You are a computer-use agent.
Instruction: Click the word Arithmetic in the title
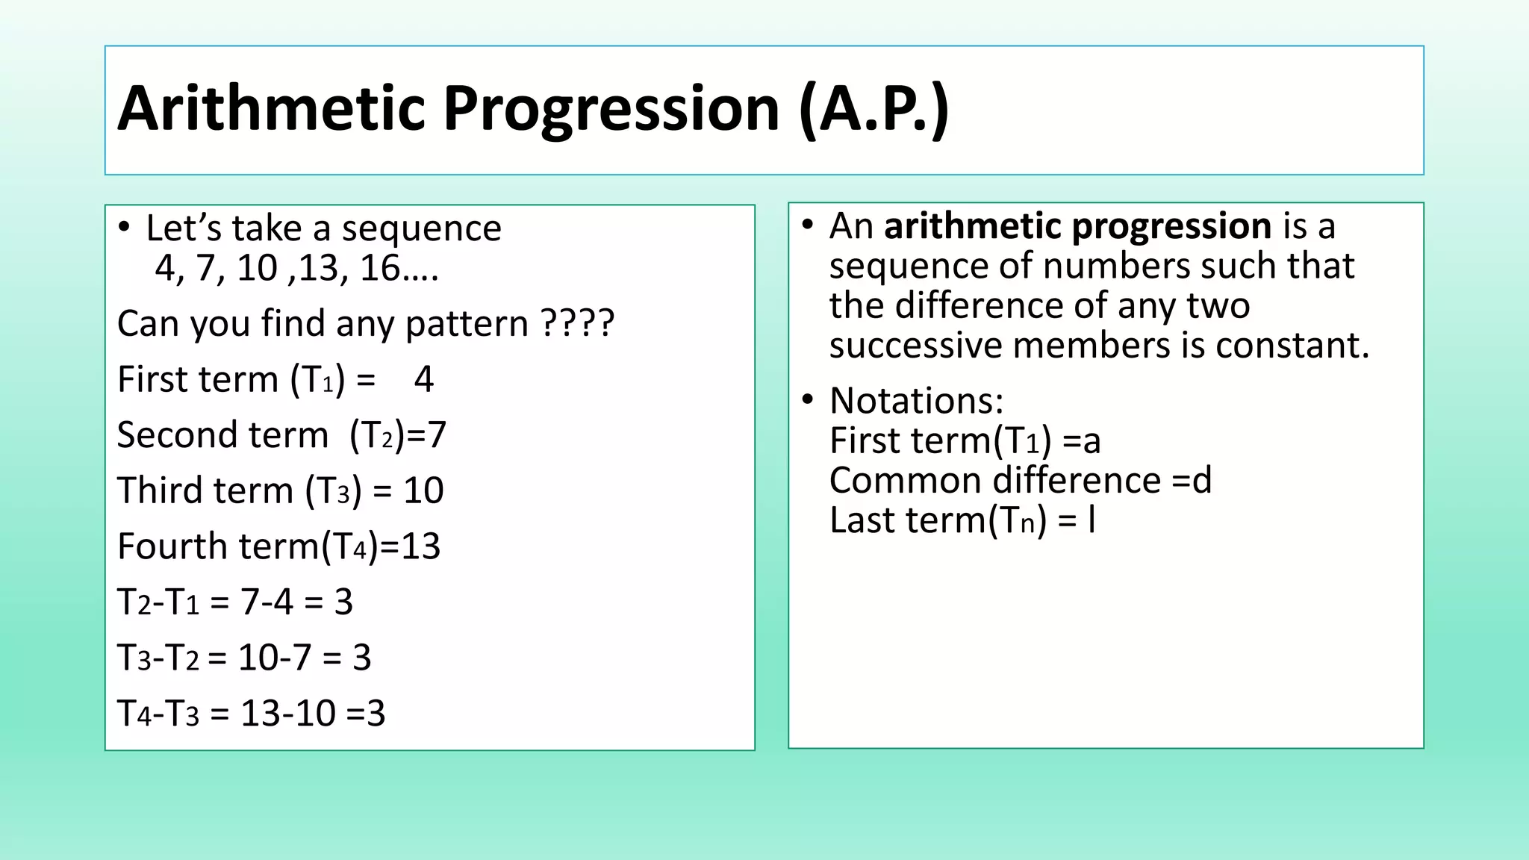point(272,109)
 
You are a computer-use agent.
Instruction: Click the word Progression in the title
point(611,109)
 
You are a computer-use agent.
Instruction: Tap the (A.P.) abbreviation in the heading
point(874,109)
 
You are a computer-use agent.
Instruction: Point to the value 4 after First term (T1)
point(423,379)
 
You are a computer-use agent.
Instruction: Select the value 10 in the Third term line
point(423,490)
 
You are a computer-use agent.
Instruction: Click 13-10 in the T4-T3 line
point(288,713)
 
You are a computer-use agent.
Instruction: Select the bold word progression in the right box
point(1171,225)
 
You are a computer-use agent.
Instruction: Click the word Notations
point(916,401)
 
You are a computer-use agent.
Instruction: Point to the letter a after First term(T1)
point(1092,441)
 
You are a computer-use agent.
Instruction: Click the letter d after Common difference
point(1202,480)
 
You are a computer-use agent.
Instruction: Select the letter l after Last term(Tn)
point(1092,520)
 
